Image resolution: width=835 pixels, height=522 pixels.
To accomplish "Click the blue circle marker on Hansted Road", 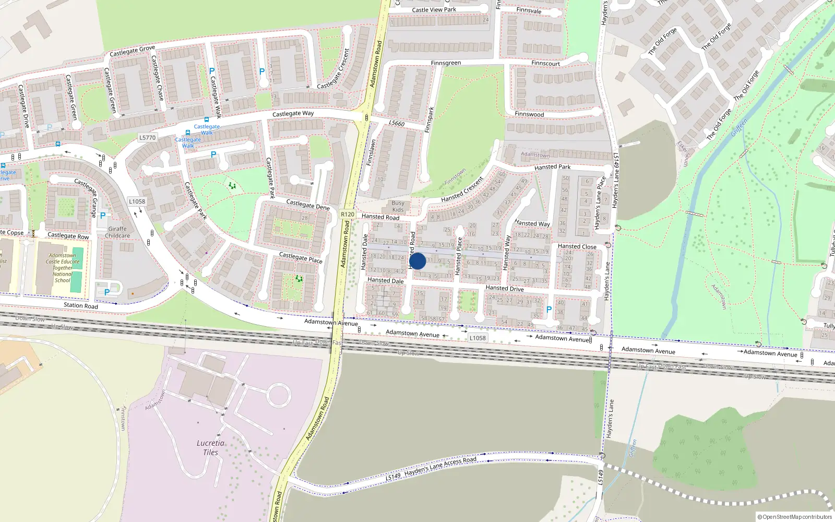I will [417, 261].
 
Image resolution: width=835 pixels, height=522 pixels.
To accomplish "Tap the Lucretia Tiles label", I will [210, 447].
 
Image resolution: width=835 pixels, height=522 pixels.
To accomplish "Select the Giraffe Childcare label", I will [117, 232].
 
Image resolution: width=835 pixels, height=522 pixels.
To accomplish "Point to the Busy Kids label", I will [398, 206].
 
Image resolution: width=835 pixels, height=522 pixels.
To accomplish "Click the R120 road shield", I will [347, 214].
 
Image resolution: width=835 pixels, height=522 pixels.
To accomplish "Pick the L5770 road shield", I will [147, 137].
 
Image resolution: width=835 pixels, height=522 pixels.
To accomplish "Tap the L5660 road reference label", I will [397, 123].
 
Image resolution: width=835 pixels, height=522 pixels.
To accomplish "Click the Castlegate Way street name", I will [293, 113].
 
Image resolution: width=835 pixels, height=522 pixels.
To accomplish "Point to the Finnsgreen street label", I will [446, 63].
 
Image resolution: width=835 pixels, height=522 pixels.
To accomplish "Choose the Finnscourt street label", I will [545, 64].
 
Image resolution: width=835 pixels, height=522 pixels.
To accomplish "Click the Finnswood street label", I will [529, 114].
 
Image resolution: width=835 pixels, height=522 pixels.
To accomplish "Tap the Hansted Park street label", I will [552, 167].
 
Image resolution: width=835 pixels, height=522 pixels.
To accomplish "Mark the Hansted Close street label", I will [577, 246].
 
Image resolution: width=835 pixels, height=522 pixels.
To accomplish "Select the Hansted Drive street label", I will [504, 288].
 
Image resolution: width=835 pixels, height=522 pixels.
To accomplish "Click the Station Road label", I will [80, 305].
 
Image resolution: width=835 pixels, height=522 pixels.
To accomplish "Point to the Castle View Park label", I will [434, 9].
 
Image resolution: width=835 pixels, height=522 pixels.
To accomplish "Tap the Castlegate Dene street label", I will [308, 205].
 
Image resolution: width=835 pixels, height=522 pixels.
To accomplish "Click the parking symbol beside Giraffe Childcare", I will [103, 215].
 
